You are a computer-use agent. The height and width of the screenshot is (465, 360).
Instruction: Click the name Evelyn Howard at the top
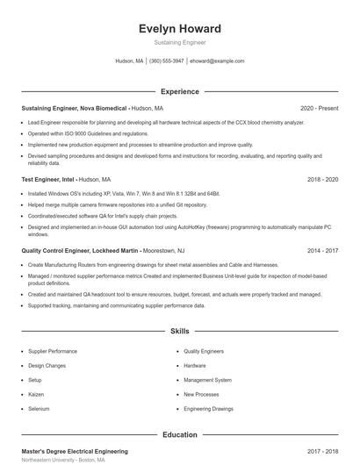(179, 29)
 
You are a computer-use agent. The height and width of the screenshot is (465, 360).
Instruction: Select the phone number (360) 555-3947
(167, 61)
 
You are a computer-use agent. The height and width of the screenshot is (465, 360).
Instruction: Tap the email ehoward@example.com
(217, 61)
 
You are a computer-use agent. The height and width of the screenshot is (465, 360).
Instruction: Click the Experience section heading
(179, 91)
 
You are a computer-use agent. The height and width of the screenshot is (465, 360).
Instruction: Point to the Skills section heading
(179, 332)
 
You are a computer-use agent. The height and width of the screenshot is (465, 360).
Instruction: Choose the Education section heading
(179, 434)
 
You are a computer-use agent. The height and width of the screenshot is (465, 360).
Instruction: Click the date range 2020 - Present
(319, 108)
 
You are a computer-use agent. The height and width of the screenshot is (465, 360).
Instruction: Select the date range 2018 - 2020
(321, 179)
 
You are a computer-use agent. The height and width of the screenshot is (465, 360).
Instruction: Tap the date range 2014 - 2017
(321, 250)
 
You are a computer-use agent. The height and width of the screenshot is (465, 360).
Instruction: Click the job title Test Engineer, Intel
(48, 179)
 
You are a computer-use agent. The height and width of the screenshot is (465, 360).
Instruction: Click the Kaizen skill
(37, 394)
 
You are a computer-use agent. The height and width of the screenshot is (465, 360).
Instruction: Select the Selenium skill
(39, 409)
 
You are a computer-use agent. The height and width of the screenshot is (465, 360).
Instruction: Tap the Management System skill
(207, 380)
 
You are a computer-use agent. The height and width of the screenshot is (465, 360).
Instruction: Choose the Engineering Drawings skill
(209, 409)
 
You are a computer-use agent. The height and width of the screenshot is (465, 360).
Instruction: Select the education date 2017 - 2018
(321, 451)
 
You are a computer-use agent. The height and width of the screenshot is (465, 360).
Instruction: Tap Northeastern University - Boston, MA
(63, 460)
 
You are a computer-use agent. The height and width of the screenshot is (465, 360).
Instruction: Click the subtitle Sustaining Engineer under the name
(179, 41)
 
